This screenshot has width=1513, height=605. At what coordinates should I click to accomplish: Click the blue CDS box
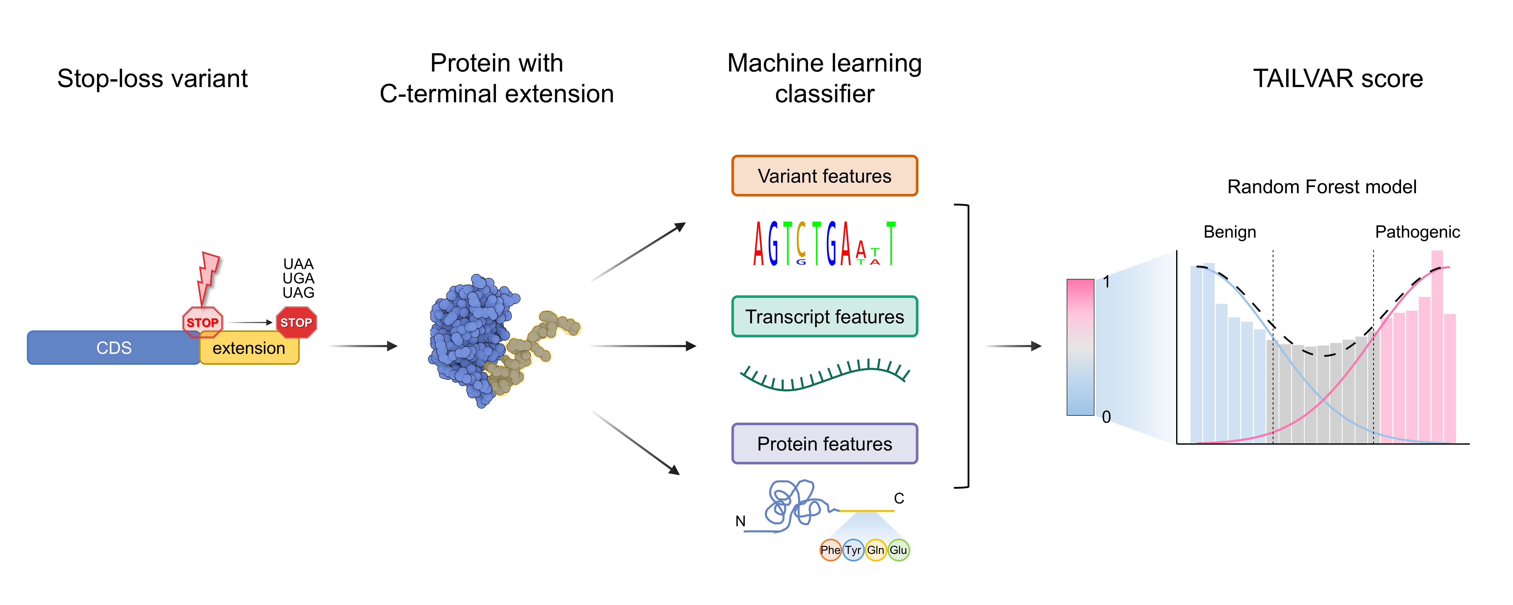(113, 348)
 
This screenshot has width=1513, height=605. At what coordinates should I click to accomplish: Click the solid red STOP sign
(296, 322)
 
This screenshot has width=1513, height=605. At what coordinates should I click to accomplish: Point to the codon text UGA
(298, 278)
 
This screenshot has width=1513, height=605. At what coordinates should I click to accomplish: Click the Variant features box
(824, 176)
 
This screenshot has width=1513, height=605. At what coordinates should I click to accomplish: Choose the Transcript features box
(824, 317)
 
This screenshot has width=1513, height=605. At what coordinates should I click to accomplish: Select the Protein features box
(824, 443)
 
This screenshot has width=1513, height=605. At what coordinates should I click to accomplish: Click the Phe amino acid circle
(830, 550)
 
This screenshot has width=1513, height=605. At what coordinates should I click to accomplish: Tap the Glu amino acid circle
(898, 550)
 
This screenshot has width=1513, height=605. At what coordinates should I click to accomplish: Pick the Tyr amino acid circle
(853, 550)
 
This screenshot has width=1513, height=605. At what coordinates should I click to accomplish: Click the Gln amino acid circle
(875, 550)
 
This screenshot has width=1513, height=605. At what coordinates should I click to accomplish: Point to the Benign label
(1229, 232)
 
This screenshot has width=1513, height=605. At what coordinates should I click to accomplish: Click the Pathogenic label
(1417, 232)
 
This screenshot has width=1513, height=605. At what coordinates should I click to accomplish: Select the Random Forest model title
(1322, 187)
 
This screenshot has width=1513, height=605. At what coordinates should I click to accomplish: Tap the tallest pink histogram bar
(1437, 347)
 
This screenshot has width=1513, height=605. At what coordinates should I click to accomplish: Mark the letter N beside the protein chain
(740, 521)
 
